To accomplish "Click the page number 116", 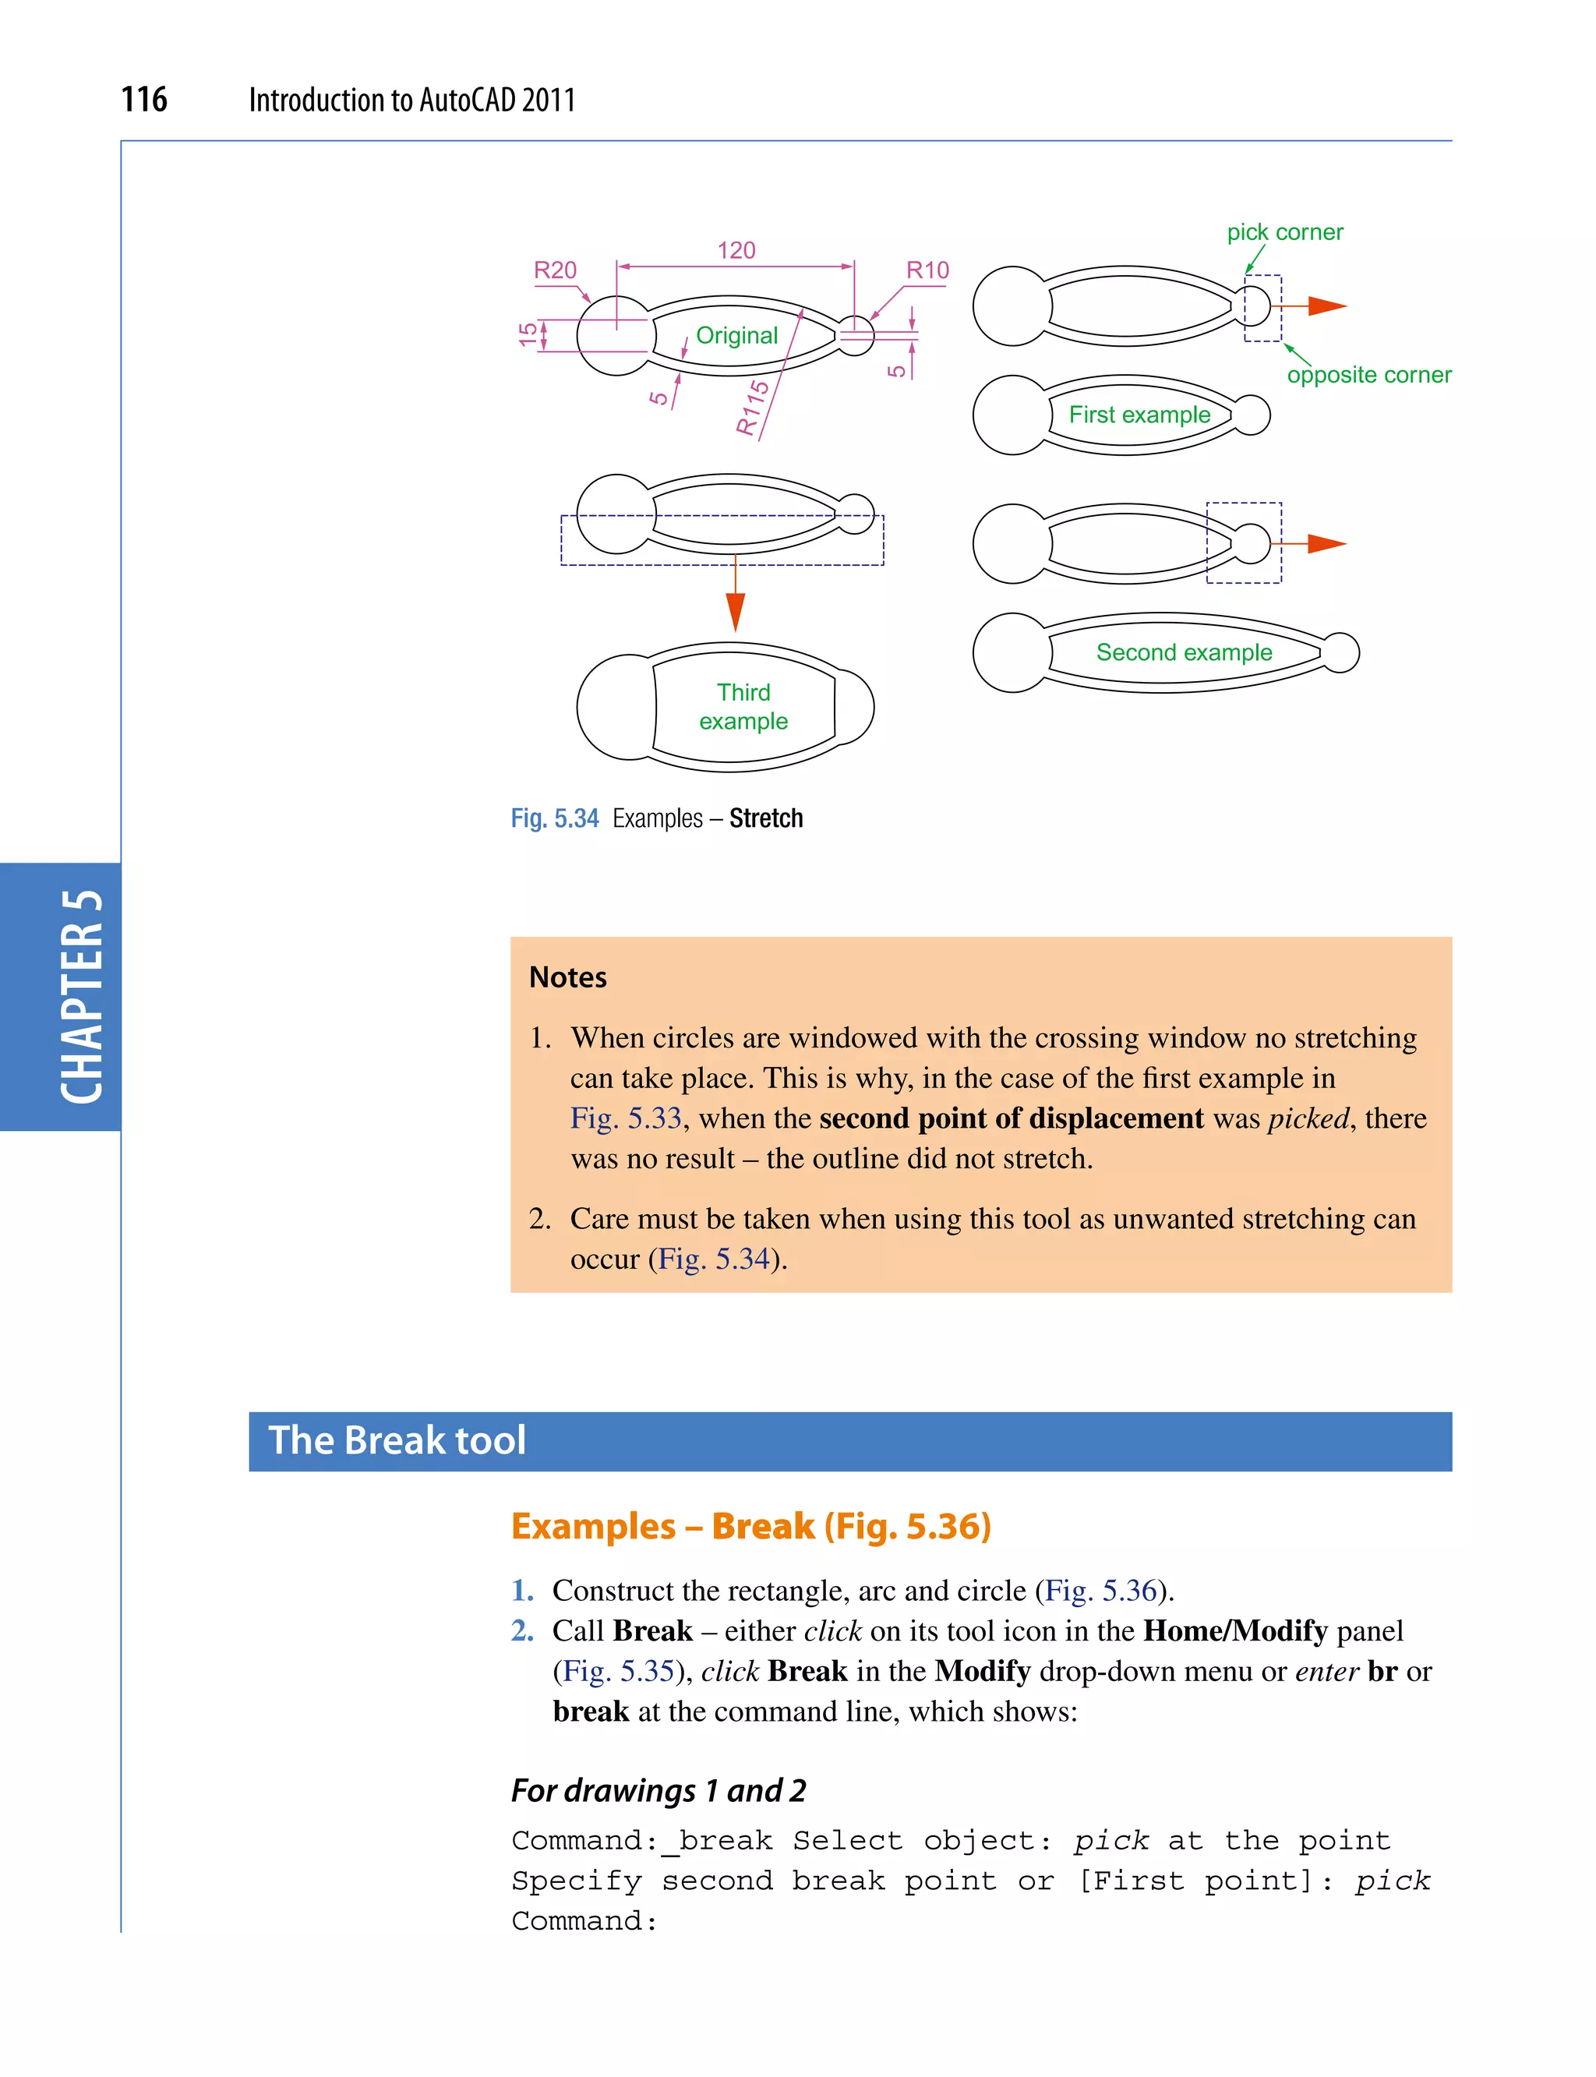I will click(x=143, y=99).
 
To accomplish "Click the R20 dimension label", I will click(x=555, y=270).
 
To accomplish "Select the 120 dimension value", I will click(x=736, y=250).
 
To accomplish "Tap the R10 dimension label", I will click(x=927, y=270).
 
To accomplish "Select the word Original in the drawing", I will click(x=736, y=335).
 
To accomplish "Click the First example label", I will click(x=1139, y=415).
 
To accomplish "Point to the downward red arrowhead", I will click(x=736, y=611).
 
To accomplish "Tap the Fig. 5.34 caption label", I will click(x=555, y=818).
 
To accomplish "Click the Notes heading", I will click(x=567, y=977).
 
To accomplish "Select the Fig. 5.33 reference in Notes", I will click(x=625, y=1118).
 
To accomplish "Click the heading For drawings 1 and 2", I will click(x=658, y=1790).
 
